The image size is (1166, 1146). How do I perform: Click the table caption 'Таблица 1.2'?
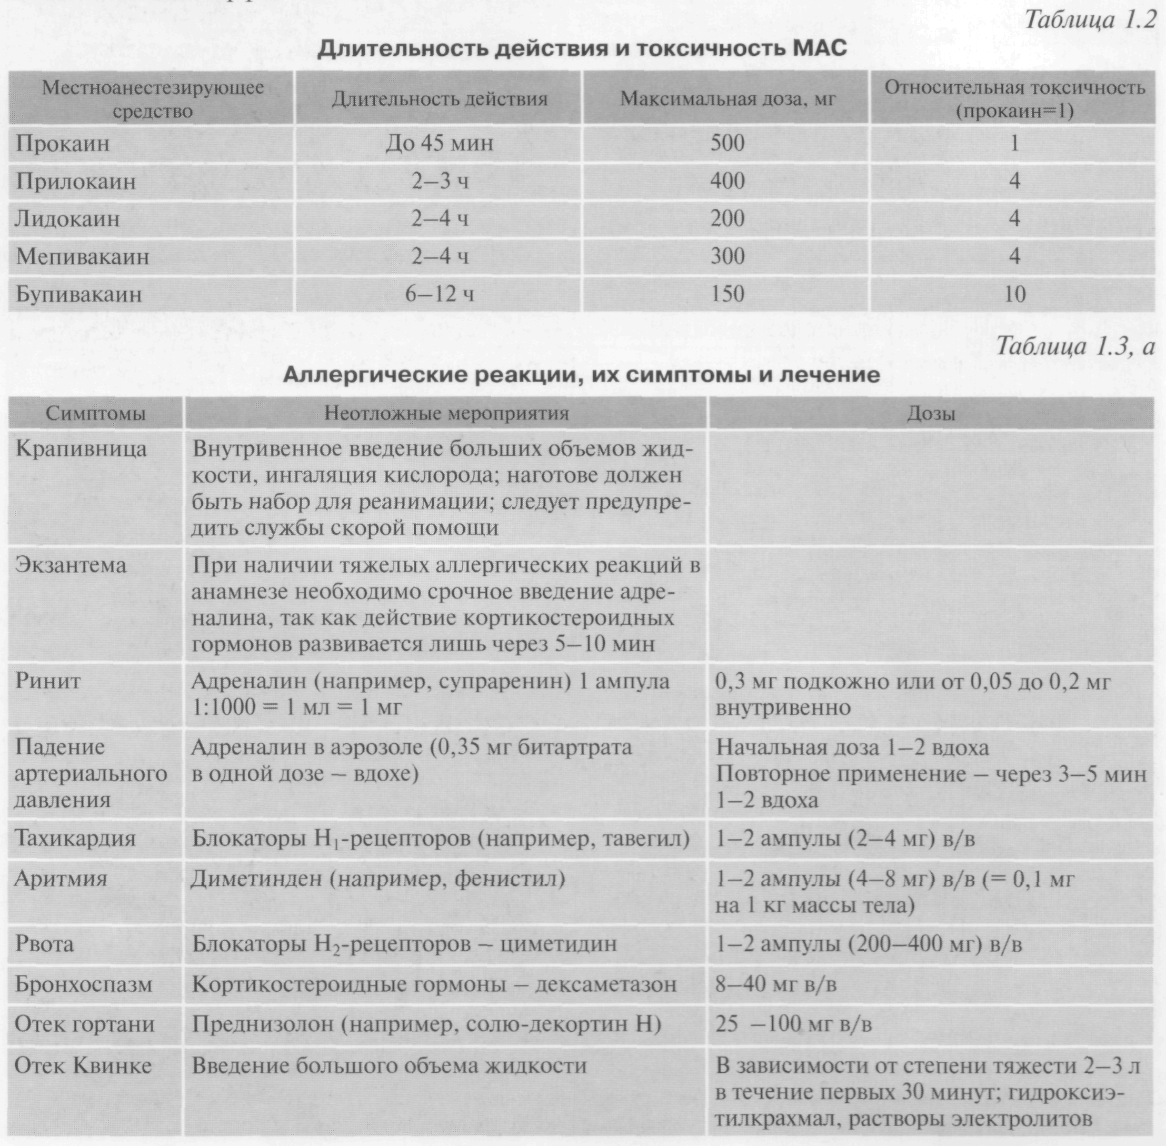coord(1090,20)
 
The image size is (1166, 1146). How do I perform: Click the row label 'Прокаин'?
coord(63,143)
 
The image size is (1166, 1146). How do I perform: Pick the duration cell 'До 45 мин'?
coord(439,143)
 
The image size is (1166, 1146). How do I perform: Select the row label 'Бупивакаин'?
coord(79,294)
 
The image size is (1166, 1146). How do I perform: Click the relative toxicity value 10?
coord(1014,294)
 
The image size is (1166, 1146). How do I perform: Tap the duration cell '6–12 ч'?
coord(439,294)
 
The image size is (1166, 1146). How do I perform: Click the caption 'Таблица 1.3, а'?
coord(1075,347)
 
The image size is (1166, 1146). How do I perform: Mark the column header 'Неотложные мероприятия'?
coord(446,414)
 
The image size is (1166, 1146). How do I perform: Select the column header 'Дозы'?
coord(931,414)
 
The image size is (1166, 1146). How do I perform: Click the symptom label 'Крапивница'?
coord(81,449)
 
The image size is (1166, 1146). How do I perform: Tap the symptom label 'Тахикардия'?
coord(75,839)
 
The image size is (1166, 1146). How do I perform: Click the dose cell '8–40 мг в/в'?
coord(776,985)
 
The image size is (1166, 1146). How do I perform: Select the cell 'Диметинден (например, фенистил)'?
coord(378,879)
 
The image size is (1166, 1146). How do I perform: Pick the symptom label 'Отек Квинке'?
coord(83,1066)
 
